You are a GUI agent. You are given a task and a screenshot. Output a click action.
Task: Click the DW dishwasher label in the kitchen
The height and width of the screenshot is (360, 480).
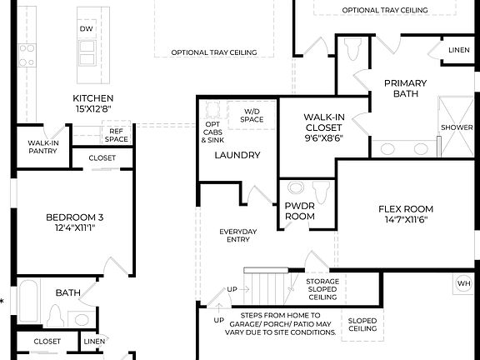coord(87,29)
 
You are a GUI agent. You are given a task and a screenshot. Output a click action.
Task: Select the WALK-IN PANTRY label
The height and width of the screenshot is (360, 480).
coord(42,147)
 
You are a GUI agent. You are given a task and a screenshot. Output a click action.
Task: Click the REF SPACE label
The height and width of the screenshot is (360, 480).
coord(117,135)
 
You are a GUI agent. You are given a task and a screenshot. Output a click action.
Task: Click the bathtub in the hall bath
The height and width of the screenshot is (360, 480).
coord(27,303)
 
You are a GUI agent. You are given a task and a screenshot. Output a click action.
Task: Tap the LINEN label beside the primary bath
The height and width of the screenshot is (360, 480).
coord(458,50)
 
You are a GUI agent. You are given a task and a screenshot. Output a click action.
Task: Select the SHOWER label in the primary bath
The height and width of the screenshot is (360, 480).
coord(457,127)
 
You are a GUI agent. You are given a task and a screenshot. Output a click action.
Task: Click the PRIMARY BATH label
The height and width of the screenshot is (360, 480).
coord(405,88)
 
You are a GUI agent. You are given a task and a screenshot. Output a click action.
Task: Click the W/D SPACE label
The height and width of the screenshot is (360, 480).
coord(252,115)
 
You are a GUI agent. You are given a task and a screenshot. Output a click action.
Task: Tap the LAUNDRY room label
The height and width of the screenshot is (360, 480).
coord(237,155)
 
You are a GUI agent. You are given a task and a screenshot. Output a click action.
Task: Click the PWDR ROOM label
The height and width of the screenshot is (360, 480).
coord(300,211)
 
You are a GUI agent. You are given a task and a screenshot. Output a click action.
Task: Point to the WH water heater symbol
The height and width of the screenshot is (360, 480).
coord(464,283)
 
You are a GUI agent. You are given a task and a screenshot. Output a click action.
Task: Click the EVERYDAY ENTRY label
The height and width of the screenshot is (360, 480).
coord(237,236)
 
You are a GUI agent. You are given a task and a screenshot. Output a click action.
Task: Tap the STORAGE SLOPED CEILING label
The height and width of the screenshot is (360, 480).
coord(322,289)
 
